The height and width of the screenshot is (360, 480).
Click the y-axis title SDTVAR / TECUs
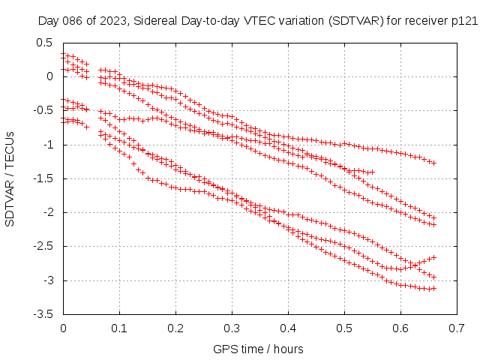coord(10,178)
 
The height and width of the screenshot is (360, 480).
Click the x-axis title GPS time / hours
coord(259,349)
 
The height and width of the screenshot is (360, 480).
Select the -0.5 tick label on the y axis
coord(43,110)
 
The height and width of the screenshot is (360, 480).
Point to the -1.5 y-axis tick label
coord(43,178)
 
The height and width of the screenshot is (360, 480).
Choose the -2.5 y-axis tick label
coord(43,247)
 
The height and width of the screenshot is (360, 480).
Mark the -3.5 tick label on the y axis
coord(43,315)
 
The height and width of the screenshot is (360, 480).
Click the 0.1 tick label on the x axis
coord(120,328)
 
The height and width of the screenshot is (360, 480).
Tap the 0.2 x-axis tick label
coord(176,328)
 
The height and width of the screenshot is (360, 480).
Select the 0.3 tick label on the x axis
coord(232,328)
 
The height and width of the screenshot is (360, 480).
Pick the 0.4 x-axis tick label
coord(289,328)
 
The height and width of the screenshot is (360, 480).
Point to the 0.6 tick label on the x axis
coord(401,328)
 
